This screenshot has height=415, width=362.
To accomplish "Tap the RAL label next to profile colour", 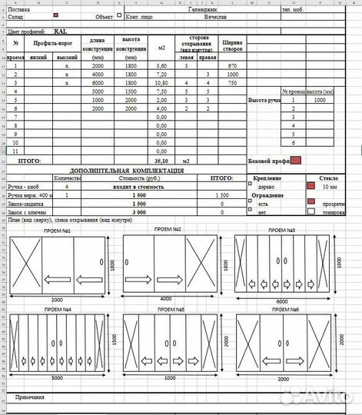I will [x=60, y=32].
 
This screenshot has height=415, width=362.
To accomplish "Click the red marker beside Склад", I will [x=56, y=15].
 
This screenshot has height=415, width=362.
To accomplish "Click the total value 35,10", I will [x=161, y=161].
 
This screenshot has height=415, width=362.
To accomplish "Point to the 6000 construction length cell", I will [x=98, y=82].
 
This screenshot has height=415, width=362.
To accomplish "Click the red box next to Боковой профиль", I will [x=296, y=160].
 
